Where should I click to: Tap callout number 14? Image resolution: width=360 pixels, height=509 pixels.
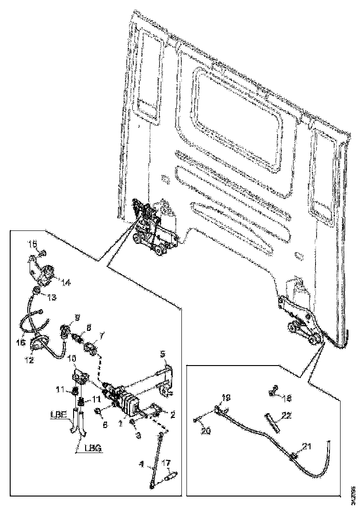66,282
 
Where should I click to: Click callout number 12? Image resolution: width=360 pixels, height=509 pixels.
29,359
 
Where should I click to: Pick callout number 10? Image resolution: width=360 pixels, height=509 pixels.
72,359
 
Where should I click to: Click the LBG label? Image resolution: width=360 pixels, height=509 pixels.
93,448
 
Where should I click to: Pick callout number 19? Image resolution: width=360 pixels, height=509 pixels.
225,397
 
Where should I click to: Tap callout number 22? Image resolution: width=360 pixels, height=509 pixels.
287,416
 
